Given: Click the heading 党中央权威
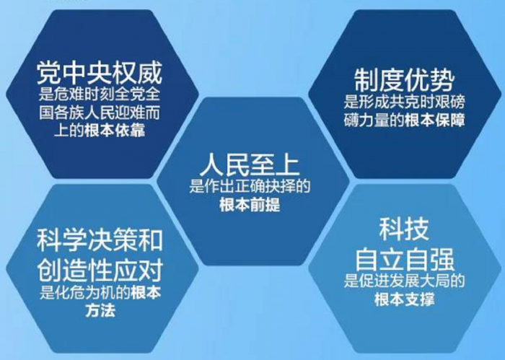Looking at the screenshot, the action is pyautogui.click(x=100, y=73).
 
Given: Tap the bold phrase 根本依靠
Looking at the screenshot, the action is pyautogui.click(x=115, y=131).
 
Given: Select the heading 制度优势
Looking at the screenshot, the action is pyautogui.click(x=404, y=80).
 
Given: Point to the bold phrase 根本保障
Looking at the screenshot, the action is pyautogui.click(x=435, y=120).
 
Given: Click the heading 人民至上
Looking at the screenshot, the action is pyautogui.click(x=250, y=164).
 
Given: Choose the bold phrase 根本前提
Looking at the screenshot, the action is pyautogui.click(x=250, y=205).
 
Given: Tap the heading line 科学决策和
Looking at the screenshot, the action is pyautogui.click(x=100, y=240).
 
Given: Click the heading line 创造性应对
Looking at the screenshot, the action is pyautogui.click(x=100, y=270).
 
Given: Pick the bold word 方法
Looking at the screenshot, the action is pyautogui.click(x=100, y=311).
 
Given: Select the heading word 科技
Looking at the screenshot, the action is pyautogui.click(x=404, y=230).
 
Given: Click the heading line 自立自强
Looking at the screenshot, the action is pyautogui.click(x=405, y=259).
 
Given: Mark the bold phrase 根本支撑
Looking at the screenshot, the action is pyautogui.click(x=405, y=299).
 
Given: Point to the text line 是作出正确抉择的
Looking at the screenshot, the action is pyautogui.click(x=250, y=186).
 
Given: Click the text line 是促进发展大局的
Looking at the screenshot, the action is pyautogui.click(x=404, y=281).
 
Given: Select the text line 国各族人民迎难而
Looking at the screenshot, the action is pyautogui.click(x=100, y=113).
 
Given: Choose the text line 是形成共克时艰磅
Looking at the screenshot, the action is pyautogui.click(x=404, y=102).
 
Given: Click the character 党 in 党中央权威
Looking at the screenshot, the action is pyautogui.click(x=48, y=73).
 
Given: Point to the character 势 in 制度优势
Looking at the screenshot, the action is pyautogui.click(x=442, y=80).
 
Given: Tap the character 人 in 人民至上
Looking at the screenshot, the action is pyautogui.click(x=211, y=164).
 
